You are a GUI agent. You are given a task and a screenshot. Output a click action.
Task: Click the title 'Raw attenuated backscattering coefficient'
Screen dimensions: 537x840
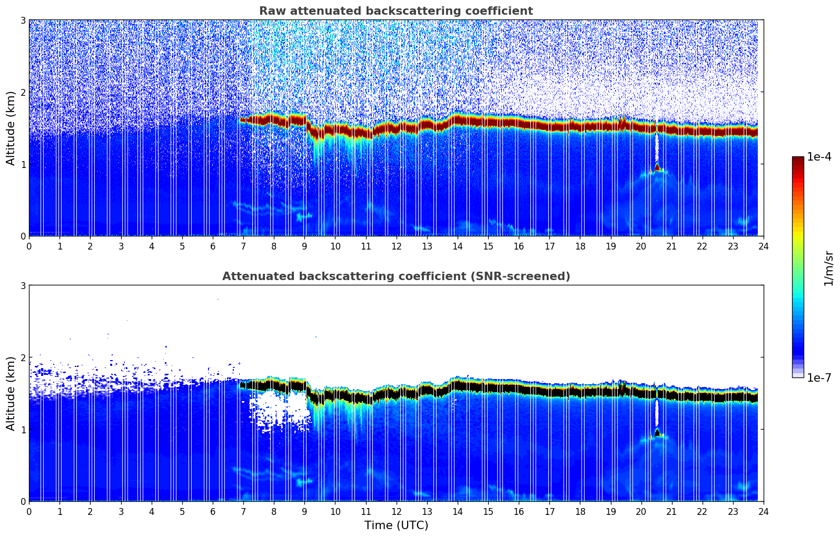tap(396, 11)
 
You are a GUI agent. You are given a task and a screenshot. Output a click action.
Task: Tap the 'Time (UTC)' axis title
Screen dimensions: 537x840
tap(396, 525)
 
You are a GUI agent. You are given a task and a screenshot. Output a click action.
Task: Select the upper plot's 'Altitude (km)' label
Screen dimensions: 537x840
tap(11, 128)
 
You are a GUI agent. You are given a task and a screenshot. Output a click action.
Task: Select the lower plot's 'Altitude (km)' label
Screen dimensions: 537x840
tap(11, 393)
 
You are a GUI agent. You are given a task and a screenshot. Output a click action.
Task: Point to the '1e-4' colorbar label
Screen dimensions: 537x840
tap(819, 157)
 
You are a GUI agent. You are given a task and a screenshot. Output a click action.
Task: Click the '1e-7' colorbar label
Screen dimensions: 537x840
tap(819, 377)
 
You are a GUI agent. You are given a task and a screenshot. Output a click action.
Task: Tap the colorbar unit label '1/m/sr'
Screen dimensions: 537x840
tap(828, 268)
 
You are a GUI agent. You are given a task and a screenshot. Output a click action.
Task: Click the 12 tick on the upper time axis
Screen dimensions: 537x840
tap(396, 246)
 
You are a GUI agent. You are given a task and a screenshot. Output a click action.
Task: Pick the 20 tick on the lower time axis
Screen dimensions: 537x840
tap(641, 511)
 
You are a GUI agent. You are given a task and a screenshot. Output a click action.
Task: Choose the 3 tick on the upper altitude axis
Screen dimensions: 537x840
tap(23, 20)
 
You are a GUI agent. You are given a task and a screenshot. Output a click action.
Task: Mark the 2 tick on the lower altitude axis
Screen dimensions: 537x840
tap(23, 357)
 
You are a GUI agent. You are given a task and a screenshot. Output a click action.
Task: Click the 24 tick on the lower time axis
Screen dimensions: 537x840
tap(763, 511)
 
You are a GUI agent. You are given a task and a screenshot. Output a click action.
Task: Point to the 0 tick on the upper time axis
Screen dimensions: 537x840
tap(29, 246)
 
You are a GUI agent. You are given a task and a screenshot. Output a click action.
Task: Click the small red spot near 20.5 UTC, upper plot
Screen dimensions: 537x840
tap(657, 167)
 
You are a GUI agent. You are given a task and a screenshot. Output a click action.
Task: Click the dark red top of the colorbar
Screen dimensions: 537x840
tap(798, 159)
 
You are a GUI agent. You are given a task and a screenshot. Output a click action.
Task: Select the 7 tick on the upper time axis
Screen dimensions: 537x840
tap(243, 246)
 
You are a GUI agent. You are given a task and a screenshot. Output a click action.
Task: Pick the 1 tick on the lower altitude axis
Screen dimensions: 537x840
tap(23, 430)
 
